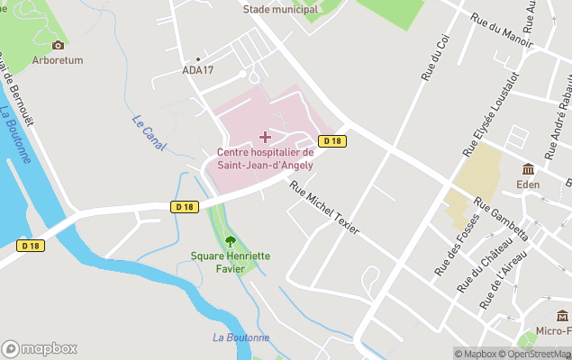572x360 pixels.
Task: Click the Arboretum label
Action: [58, 60]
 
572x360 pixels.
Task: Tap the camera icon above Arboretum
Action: [58, 45]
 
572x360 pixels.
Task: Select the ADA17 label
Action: [197, 70]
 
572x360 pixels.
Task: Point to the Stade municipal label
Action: [280, 9]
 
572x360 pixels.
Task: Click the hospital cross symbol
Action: [265, 137]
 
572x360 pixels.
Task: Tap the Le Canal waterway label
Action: [149, 131]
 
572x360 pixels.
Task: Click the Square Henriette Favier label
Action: [230, 262]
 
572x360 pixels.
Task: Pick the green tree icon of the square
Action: [230, 241]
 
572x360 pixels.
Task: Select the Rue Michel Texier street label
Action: [324, 206]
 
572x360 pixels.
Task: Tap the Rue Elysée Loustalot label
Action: [491, 112]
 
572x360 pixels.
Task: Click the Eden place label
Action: [528, 184]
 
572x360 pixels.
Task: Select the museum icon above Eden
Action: [528, 169]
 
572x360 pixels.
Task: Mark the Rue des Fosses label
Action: [454, 251]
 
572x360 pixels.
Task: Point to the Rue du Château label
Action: [478, 265]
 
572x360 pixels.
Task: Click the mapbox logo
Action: [40, 348]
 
